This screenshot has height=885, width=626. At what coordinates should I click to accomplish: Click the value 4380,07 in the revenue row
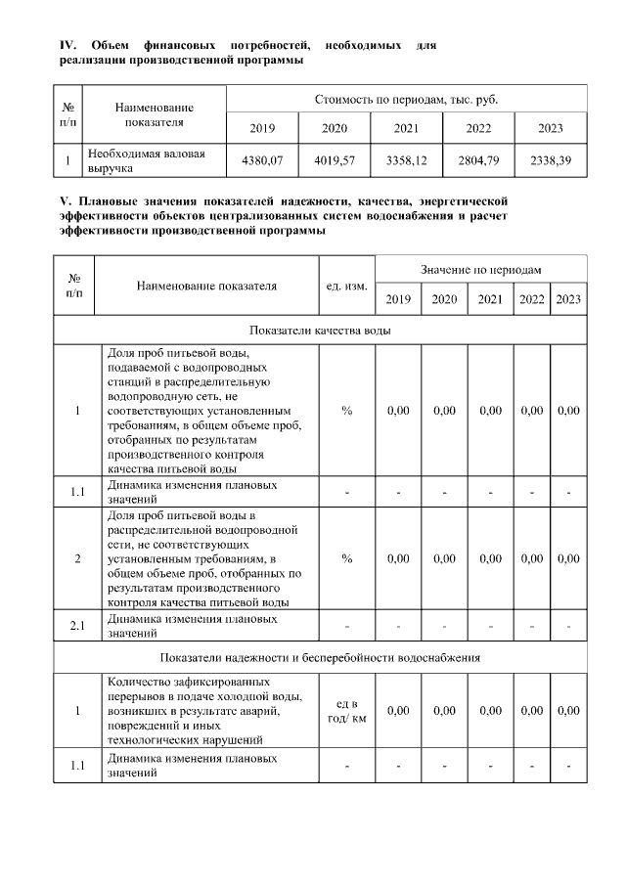[261, 160]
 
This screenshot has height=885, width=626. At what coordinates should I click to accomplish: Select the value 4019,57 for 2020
[335, 160]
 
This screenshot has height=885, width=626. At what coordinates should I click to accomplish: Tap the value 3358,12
[406, 160]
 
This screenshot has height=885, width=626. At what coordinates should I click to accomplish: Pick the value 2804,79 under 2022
[478, 160]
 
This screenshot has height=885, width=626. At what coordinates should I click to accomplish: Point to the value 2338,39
[551, 160]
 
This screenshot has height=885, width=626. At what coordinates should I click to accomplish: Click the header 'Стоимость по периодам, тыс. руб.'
[406, 100]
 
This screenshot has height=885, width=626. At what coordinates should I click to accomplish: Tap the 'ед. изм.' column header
[346, 287]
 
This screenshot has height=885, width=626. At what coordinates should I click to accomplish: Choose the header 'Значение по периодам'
[481, 269]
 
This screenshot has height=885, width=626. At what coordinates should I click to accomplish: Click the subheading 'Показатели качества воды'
[320, 331]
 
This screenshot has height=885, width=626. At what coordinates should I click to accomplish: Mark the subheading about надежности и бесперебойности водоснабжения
[320, 657]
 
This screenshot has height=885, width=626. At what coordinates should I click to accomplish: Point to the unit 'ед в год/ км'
[346, 712]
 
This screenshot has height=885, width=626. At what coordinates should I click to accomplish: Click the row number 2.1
[77, 624]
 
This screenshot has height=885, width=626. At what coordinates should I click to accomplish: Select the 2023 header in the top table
[551, 129]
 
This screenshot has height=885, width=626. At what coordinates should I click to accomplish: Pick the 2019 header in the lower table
[398, 299]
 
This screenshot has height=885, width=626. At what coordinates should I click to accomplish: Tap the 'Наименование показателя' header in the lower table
[206, 287]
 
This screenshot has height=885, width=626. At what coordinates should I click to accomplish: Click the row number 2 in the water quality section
[77, 558]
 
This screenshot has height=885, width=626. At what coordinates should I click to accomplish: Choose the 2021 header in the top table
[406, 129]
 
